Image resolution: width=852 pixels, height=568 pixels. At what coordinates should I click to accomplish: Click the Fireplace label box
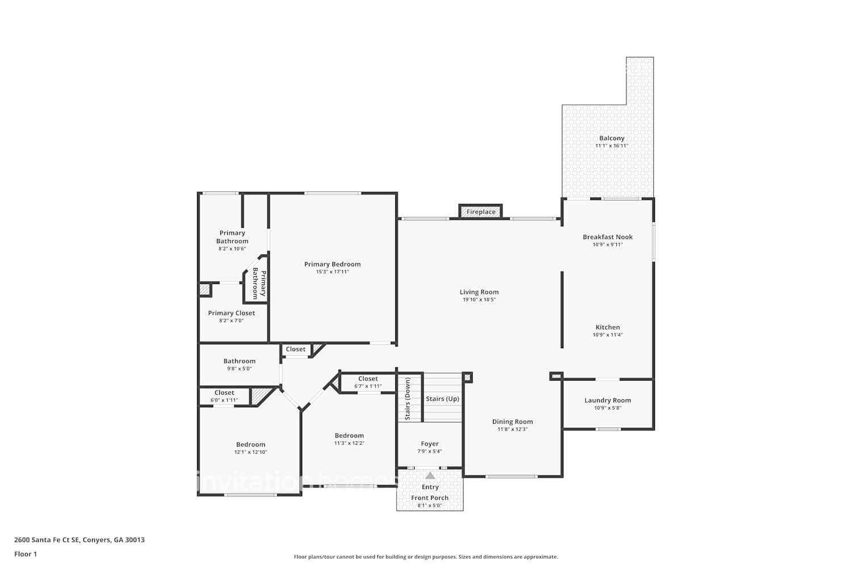point(481,212)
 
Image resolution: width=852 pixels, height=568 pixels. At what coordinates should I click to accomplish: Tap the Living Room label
point(479,292)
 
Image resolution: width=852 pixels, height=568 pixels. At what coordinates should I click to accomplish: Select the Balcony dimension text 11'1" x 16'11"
point(611,146)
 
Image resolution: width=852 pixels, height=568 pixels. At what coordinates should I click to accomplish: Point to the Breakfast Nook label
point(607,237)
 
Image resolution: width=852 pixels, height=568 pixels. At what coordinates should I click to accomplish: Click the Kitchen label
point(607,327)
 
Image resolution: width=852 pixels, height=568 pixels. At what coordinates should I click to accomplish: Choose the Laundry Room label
point(607,400)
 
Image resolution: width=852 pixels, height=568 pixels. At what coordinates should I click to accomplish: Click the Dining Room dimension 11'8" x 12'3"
point(512,429)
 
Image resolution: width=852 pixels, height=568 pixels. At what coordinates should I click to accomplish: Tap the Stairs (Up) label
point(442,399)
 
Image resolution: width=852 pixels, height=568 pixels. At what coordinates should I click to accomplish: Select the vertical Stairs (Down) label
point(407,399)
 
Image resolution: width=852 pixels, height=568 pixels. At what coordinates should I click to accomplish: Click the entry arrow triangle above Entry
point(430,475)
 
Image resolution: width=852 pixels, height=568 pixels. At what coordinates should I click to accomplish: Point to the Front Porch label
point(429,498)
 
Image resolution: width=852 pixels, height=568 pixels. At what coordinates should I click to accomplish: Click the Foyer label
point(429,444)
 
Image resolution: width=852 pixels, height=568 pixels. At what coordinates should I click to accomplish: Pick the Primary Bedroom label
point(332,264)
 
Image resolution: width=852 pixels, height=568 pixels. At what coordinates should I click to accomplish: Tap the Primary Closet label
point(231,313)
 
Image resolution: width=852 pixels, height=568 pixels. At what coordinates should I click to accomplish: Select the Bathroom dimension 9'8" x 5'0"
point(239,369)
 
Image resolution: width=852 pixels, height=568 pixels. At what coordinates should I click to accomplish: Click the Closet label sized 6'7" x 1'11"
point(367,379)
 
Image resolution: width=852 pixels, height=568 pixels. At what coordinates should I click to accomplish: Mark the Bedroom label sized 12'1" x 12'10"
point(250,445)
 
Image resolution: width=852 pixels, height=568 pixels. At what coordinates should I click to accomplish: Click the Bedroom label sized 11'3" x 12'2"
point(349,436)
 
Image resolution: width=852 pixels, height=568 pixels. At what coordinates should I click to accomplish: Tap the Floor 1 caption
point(26,554)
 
